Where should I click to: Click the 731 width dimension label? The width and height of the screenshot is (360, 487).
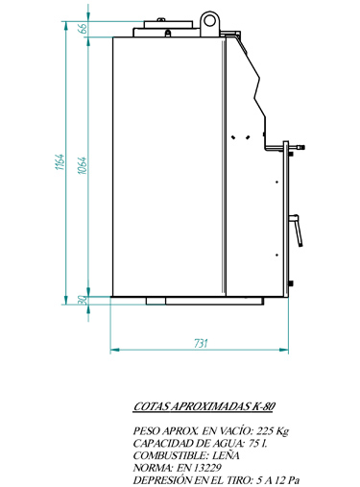[201, 343]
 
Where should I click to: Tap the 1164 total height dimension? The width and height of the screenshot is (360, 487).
[60, 162]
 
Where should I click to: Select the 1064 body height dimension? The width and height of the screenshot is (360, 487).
[83, 165]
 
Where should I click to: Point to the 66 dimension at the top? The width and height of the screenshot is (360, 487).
[83, 28]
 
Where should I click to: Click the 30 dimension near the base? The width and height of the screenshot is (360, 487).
[83, 300]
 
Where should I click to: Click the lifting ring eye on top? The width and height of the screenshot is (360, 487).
[210, 20]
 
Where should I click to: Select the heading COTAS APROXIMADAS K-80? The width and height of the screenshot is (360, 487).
[204, 406]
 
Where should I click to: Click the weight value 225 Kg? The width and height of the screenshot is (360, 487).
[273, 431]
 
